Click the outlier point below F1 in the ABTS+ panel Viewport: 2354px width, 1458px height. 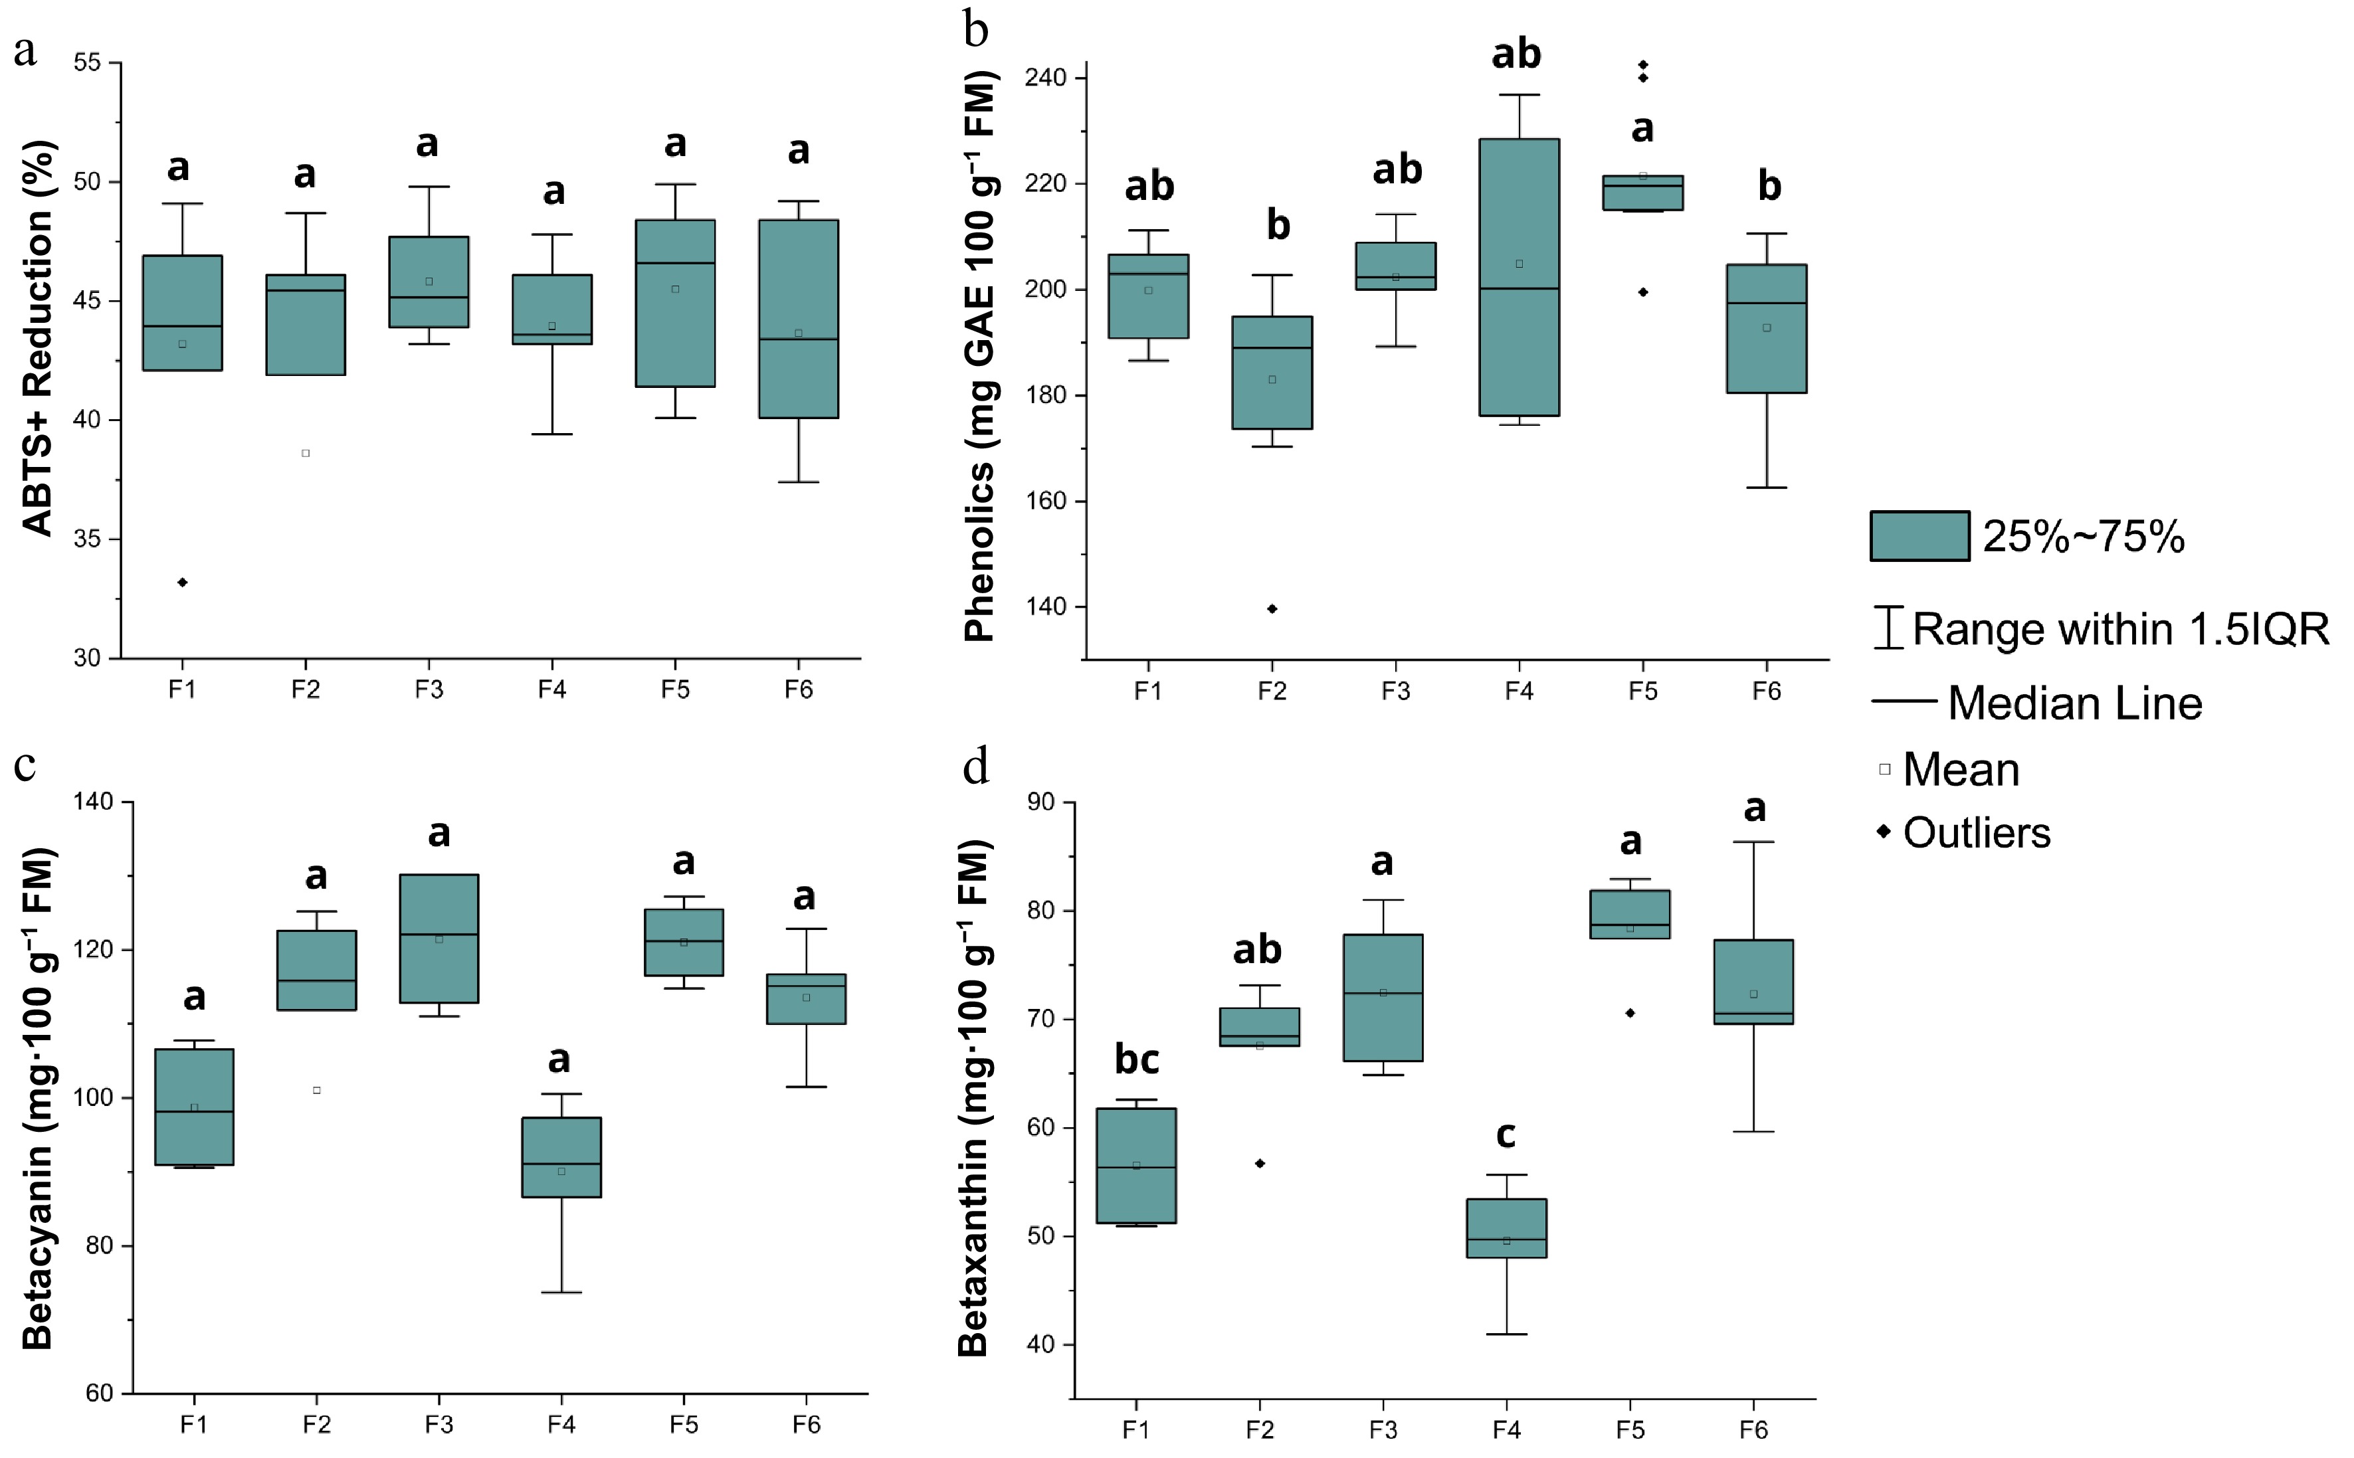182,583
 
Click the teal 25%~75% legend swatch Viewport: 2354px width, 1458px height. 1919,536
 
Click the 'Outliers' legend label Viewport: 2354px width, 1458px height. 1976,833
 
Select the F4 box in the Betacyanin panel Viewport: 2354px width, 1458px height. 561,1157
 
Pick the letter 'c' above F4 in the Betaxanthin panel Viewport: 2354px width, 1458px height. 1506,1135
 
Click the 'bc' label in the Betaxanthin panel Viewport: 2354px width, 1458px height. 1136,1059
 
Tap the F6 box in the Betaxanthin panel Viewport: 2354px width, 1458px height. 1753,982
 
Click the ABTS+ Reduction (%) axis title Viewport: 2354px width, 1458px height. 39,337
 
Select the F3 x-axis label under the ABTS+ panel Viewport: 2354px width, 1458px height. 429,689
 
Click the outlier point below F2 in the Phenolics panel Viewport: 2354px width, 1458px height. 1272,608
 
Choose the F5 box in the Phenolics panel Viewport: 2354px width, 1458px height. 1642,193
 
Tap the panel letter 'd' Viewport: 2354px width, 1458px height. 976,769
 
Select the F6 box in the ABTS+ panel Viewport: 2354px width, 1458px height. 799,318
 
